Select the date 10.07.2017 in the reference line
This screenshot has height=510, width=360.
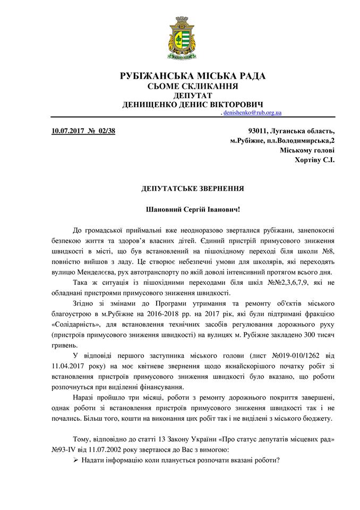pos(67,130)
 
